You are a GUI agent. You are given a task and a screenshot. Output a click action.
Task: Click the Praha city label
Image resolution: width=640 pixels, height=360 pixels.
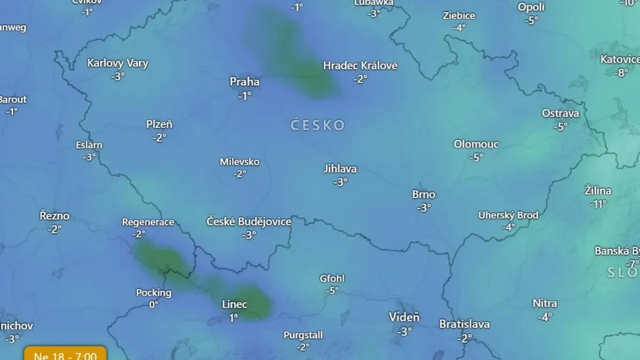[244, 82]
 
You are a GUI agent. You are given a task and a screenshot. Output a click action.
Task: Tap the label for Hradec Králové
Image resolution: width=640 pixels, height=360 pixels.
[360, 66]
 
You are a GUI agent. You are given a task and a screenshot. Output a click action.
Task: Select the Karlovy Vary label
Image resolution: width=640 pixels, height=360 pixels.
[118, 63]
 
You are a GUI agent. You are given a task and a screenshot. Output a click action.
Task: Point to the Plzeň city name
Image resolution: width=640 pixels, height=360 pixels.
[159, 124]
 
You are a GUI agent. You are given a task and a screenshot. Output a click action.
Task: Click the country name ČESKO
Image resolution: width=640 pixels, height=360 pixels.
[318, 125]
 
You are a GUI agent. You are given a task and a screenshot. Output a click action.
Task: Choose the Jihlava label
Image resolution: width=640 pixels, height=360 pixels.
[340, 169]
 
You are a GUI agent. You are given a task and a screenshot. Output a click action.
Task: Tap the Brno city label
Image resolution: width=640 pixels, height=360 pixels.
[423, 195]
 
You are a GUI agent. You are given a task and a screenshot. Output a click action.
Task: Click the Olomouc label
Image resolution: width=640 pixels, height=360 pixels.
[476, 144]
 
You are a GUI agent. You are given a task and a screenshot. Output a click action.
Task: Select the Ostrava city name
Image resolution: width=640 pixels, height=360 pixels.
[560, 113]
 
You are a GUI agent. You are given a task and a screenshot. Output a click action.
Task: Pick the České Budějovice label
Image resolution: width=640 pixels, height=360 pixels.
[249, 221]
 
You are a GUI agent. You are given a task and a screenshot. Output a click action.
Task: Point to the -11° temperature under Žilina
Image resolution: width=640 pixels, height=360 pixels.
[598, 204]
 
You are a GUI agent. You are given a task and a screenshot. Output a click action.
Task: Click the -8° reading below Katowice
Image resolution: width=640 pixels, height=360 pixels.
[621, 73]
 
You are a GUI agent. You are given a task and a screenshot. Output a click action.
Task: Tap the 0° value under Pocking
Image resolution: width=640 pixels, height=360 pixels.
[154, 305]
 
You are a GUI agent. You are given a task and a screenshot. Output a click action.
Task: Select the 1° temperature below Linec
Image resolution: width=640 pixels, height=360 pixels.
[234, 318]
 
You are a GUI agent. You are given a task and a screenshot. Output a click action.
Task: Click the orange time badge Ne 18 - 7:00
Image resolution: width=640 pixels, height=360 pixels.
[65, 355]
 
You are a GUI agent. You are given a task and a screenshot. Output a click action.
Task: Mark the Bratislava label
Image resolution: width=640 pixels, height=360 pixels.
[464, 324]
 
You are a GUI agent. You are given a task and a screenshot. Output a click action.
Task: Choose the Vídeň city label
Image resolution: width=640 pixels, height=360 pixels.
[404, 317]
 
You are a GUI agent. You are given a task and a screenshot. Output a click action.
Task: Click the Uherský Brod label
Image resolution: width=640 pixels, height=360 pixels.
[508, 215]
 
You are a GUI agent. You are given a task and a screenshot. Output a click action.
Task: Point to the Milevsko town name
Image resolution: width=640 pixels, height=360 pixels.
[239, 162]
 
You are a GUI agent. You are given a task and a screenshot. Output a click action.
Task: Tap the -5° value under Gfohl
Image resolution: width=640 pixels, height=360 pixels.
[333, 291]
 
